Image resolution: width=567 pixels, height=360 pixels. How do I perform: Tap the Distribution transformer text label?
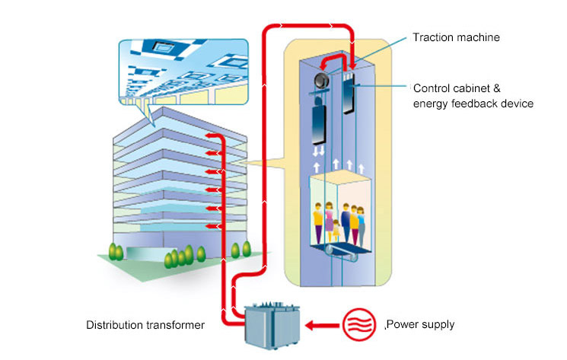coord(145,325)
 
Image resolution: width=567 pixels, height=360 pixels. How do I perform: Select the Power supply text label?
coord(422,324)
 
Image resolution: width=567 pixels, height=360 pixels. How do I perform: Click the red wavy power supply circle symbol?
coord(359,326)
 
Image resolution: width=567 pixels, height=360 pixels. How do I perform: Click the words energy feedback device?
coord(473,103)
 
